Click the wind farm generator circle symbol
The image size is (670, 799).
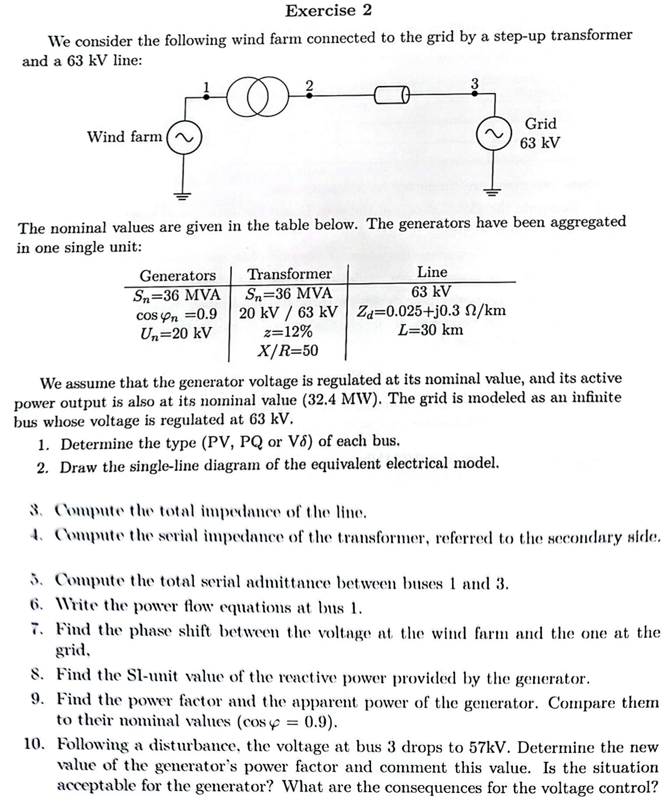click(184, 137)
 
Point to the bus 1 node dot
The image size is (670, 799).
click(206, 97)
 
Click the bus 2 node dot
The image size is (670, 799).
click(309, 96)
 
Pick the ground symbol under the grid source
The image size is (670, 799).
click(493, 192)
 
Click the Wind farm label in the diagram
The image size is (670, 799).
click(124, 137)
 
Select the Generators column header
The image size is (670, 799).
click(177, 275)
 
